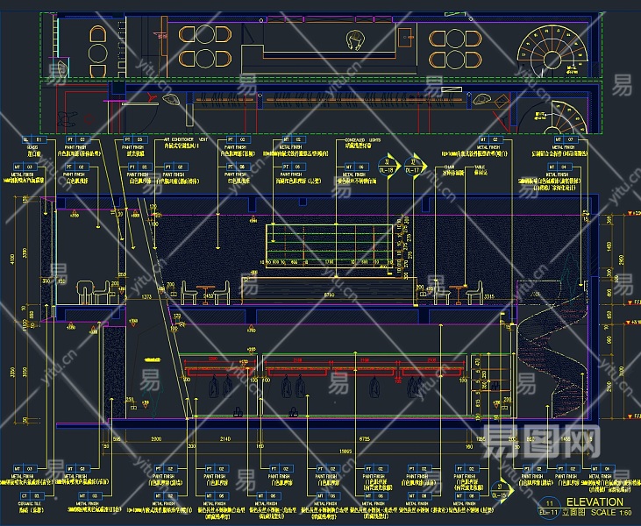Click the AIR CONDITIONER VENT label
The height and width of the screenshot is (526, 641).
point(187,140)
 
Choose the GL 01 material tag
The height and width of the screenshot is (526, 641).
point(32,140)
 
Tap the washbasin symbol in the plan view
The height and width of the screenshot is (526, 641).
point(357,39)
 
